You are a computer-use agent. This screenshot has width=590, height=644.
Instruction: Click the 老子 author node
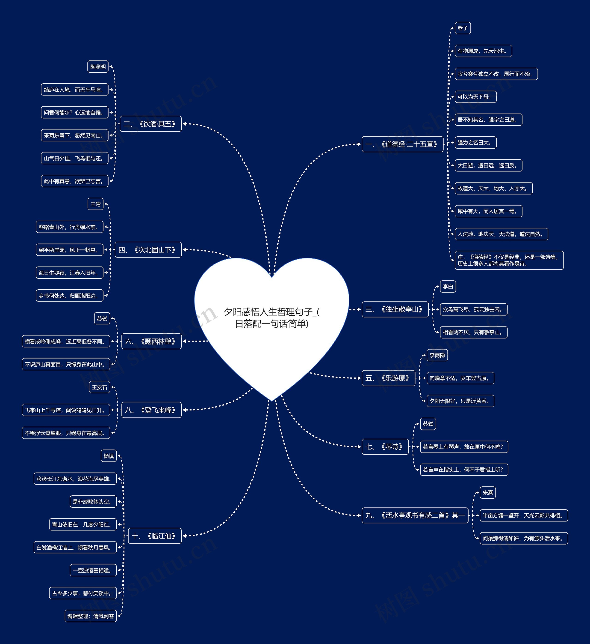(462, 28)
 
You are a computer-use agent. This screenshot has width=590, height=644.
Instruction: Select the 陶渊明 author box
(98, 67)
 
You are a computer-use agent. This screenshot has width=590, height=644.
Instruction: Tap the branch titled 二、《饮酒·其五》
(150, 124)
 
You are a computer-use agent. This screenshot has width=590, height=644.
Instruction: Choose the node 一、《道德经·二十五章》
(402, 144)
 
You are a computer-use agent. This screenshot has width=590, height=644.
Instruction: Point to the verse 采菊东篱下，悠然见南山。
(74, 135)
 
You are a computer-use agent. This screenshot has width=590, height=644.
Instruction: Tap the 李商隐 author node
(437, 355)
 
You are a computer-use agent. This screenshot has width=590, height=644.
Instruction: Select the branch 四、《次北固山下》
(148, 250)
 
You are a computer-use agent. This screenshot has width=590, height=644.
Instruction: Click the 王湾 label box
(95, 204)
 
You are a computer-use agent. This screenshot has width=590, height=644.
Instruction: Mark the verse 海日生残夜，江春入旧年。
(69, 273)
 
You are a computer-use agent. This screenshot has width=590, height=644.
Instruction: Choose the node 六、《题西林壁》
(151, 341)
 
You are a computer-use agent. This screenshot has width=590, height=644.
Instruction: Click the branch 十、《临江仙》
(154, 536)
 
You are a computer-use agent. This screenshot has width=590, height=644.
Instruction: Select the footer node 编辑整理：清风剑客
(91, 616)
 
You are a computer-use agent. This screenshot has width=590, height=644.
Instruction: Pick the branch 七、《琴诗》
(385, 447)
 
